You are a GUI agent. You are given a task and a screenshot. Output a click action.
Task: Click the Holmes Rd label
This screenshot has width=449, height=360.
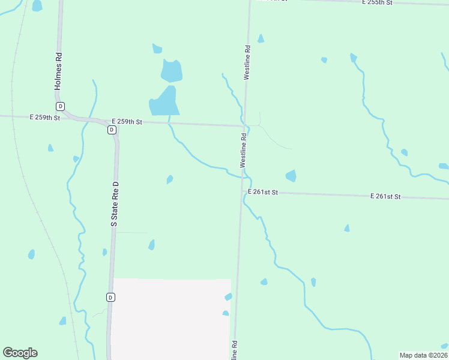click(x=58, y=71)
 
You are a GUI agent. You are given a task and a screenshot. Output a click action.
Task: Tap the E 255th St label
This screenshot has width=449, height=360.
click(x=377, y=3)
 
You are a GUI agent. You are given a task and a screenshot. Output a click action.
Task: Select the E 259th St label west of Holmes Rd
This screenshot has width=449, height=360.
click(x=45, y=118)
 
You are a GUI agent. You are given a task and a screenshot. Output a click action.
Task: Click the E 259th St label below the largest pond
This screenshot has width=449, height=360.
click(x=126, y=122)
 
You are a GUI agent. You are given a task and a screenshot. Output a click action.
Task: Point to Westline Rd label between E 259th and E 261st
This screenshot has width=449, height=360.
click(x=243, y=150)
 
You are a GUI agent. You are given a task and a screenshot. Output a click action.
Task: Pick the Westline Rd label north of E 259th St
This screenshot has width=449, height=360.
click(x=247, y=62)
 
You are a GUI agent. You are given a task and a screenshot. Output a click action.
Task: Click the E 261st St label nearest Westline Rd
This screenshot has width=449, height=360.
click(x=264, y=192)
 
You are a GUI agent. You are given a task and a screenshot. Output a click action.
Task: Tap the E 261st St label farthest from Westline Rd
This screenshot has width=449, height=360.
click(x=385, y=196)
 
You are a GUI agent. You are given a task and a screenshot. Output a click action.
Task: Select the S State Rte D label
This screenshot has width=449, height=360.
click(x=115, y=205)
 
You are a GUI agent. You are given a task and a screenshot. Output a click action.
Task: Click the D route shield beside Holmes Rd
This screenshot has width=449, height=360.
click(x=60, y=106)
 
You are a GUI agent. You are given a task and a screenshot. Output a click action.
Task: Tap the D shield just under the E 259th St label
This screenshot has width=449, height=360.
click(x=112, y=130)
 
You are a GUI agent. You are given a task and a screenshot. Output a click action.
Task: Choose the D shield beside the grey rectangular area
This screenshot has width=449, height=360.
click(x=110, y=297)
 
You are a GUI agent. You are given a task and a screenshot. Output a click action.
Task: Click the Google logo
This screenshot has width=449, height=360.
click(x=20, y=353)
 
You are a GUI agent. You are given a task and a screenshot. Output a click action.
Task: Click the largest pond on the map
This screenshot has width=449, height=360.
click(x=163, y=101)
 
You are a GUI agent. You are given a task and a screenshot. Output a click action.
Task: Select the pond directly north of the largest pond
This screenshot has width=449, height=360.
click(x=171, y=71)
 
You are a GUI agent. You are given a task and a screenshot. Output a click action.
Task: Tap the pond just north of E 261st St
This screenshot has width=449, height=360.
click(x=291, y=176)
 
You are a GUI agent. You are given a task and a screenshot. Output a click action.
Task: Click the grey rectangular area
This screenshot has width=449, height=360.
click(x=171, y=318)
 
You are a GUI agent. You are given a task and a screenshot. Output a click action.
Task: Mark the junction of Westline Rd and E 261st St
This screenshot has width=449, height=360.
click(x=242, y=192)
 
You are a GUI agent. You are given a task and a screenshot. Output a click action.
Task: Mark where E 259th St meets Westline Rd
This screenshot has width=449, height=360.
click(x=244, y=126)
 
